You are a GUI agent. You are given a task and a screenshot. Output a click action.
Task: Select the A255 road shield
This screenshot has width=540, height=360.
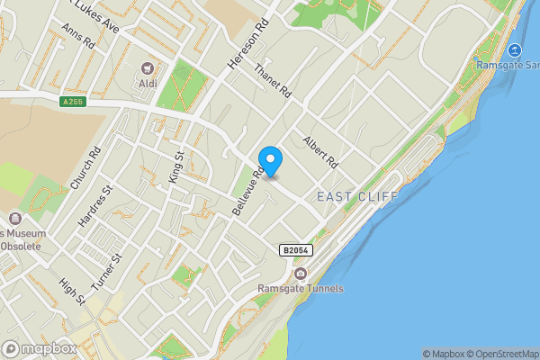[x=73, y=102]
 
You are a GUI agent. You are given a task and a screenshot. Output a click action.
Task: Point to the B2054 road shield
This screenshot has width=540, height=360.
[x=296, y=250]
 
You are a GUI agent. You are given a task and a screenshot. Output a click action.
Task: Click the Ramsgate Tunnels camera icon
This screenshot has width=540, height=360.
[x=300, y=273]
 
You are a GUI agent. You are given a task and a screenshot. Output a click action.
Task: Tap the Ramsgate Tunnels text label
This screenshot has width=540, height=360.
[x=301, y=288]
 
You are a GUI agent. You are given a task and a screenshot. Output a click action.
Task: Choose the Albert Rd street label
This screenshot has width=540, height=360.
[x=319, y=153]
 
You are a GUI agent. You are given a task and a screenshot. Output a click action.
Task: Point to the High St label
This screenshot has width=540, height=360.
[x=71, y=291]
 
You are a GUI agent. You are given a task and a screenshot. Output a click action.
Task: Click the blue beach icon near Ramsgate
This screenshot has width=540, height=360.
[x=514, y=50]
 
